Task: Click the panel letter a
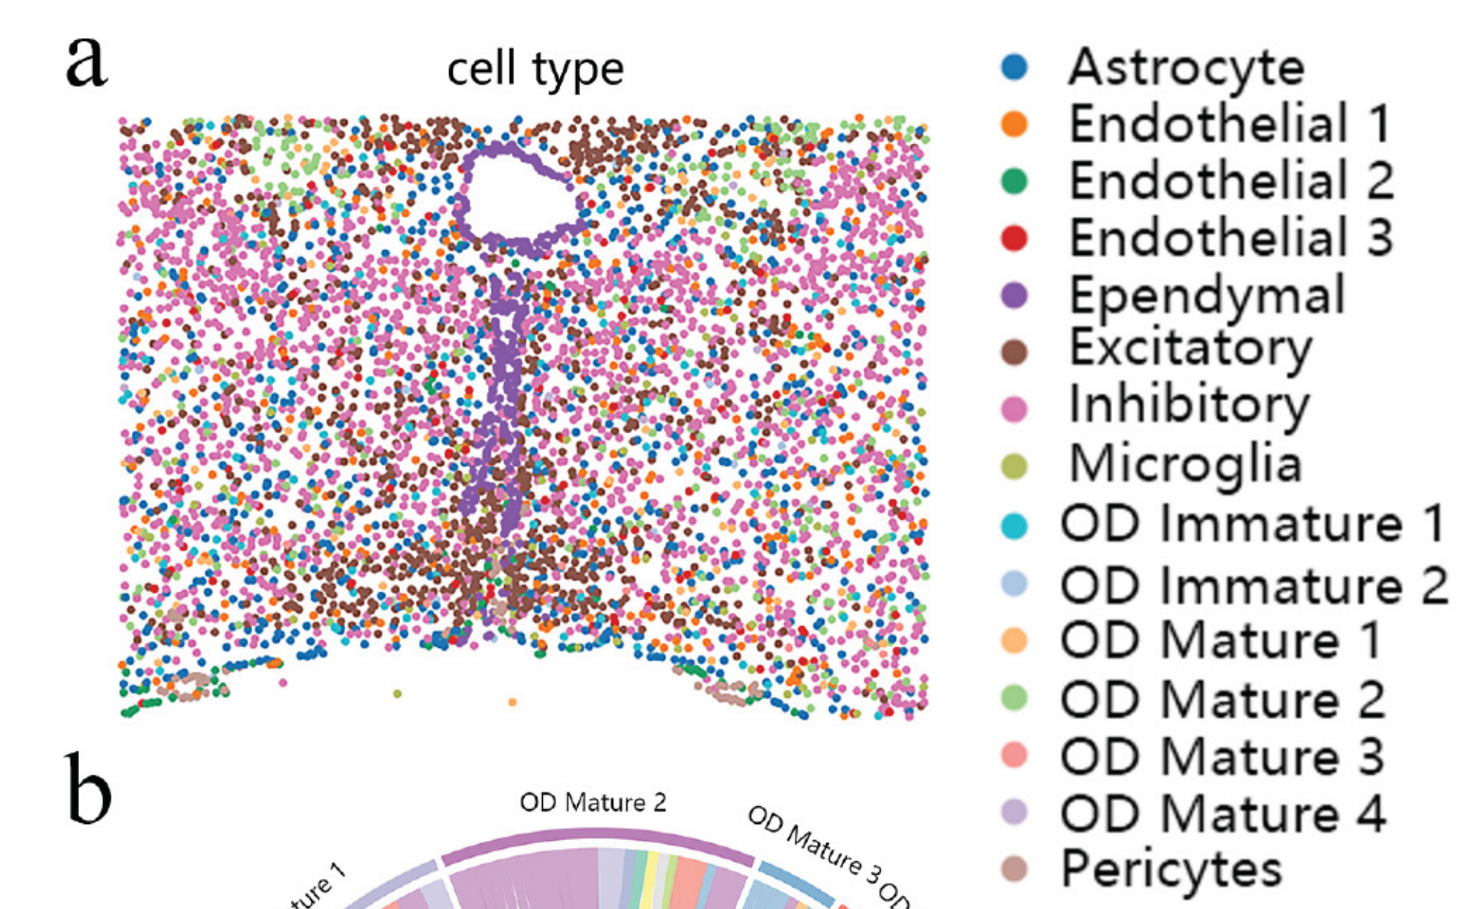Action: coord(86,62)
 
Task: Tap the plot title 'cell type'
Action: coord(535,70)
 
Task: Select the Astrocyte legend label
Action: coord(1186,67)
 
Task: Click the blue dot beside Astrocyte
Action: coord(1015,67)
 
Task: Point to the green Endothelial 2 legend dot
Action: coord(1015,181)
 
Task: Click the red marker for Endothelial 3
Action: coord(1015,238)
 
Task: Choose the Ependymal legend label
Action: coord(1207,295)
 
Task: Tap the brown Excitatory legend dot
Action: coord(1015,353)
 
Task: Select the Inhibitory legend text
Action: coord(1188,405)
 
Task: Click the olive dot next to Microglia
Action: coord(1015,466)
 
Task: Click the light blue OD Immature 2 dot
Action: coord(1015,584)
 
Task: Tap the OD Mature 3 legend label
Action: coord(1222,756)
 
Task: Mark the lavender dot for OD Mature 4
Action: coord(1015,812)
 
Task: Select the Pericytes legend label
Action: coord(1171,869)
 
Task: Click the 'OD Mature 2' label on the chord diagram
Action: coord(593,803)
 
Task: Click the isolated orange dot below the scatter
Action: coord(512,702)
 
